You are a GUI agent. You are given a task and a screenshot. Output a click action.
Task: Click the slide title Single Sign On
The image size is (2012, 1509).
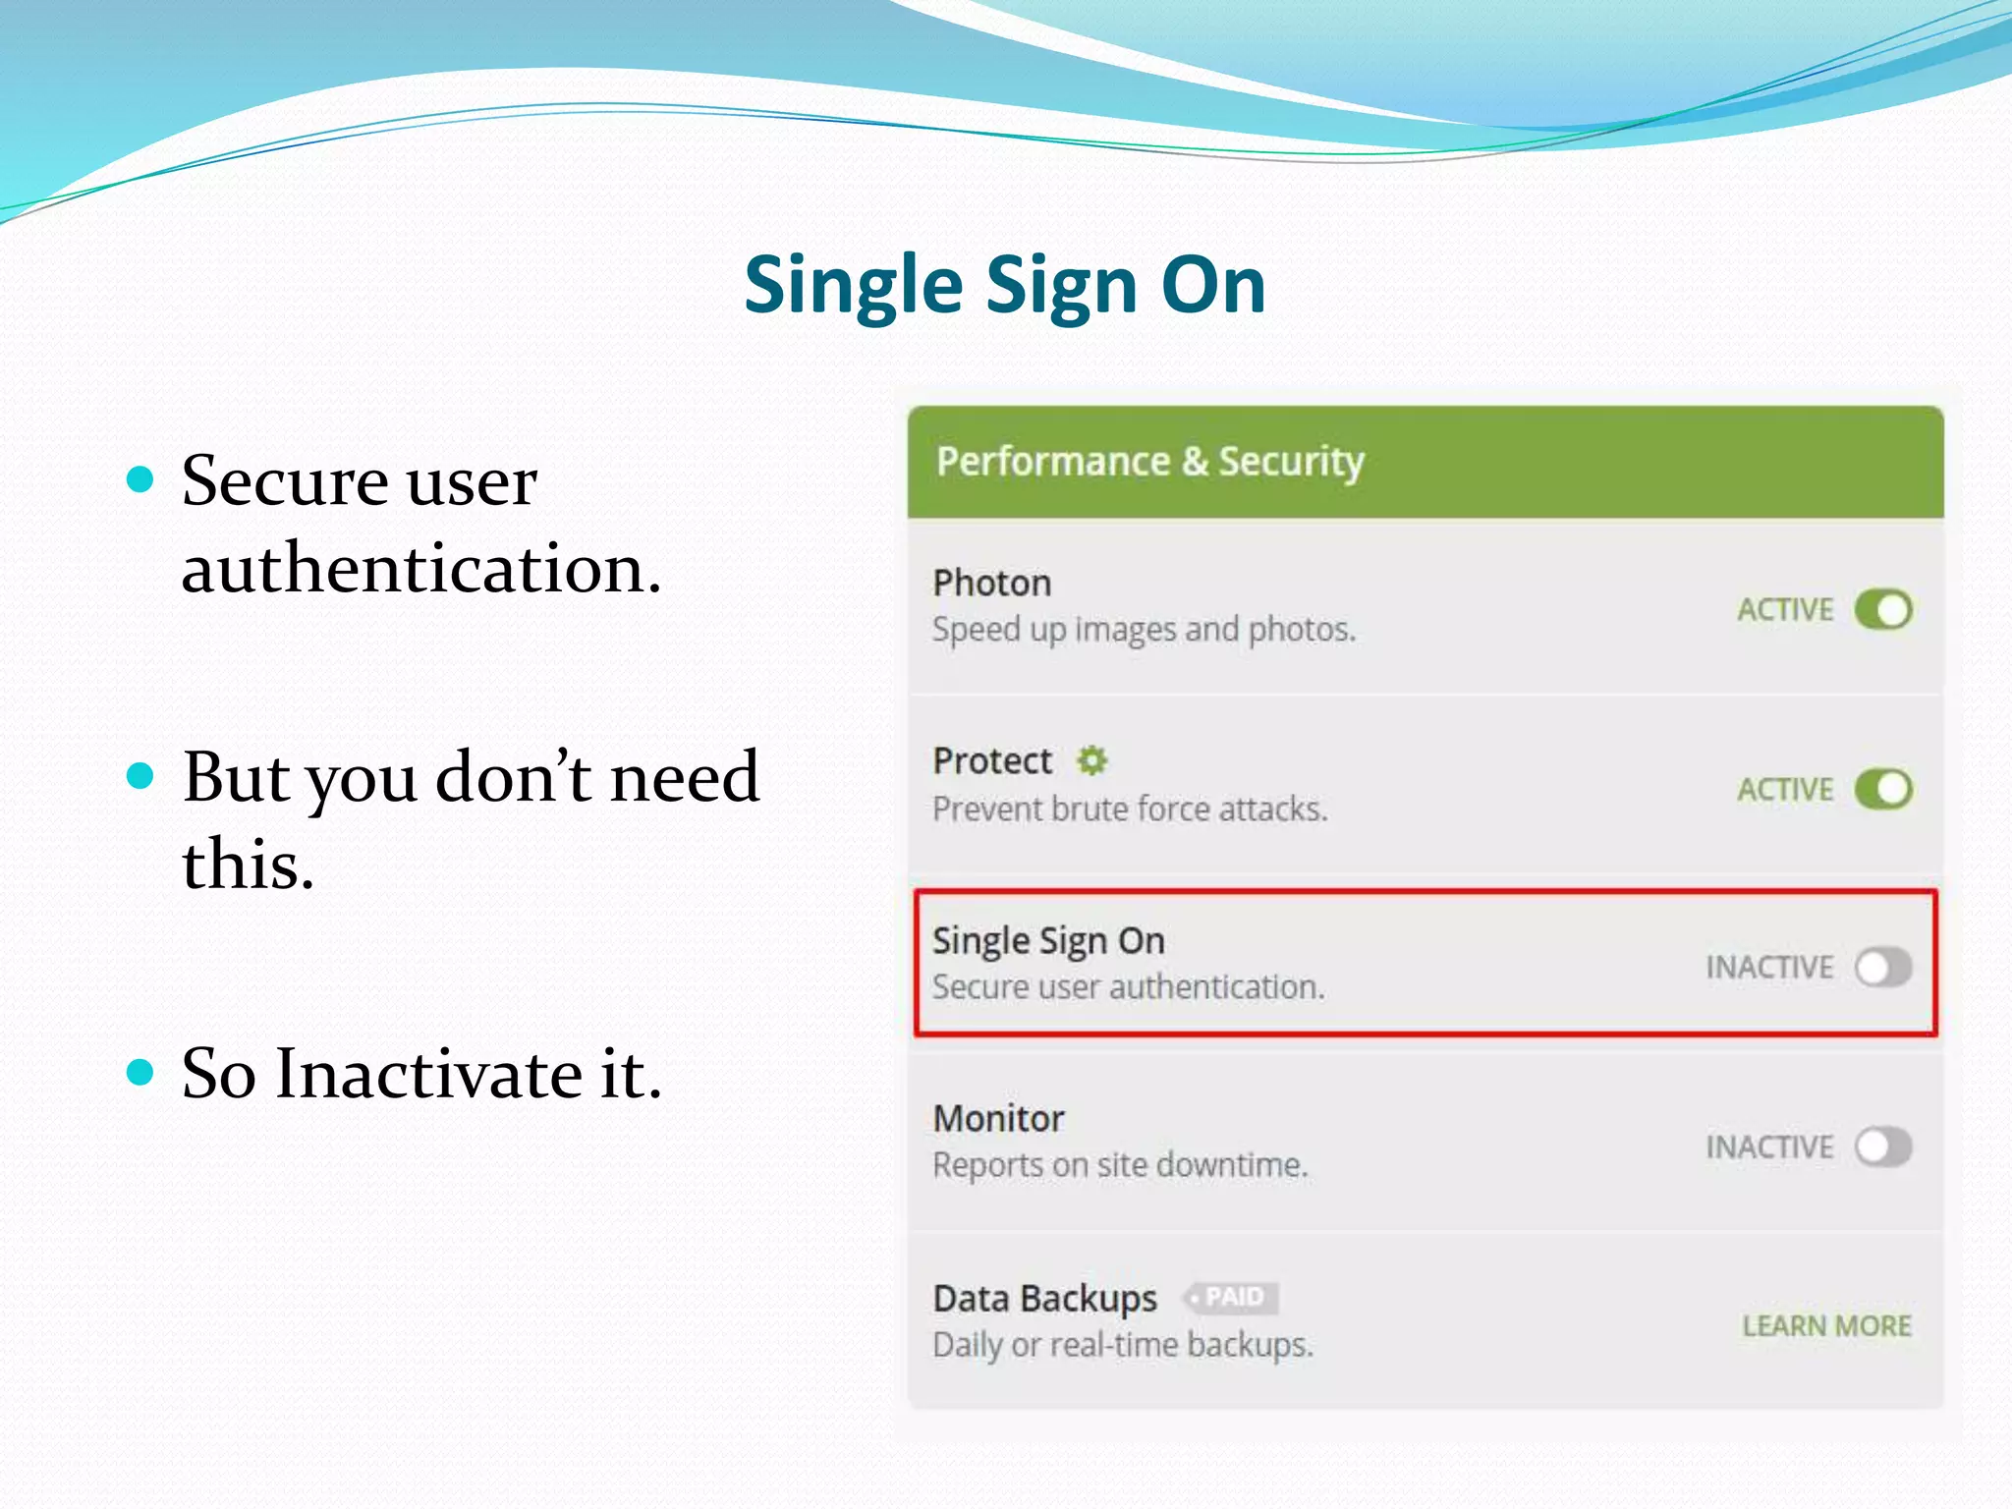tap(1004, 286)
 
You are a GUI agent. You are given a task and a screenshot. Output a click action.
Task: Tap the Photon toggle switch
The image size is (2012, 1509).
tap(1882, 610)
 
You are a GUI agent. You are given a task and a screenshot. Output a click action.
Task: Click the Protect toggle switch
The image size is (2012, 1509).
tap(1882, 789)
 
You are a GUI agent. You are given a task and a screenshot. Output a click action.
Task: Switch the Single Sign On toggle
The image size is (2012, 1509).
tap(1882, 968)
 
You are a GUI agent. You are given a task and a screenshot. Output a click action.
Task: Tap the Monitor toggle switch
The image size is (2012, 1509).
tap(1882, 1146)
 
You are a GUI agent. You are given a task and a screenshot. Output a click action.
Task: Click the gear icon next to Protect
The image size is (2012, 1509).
tap(1091, 760)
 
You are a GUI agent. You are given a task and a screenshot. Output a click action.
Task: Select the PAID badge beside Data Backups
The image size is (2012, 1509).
tap(1232, 1298)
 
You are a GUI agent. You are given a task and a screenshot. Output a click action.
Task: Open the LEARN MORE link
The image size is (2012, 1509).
tap(1826, 1326)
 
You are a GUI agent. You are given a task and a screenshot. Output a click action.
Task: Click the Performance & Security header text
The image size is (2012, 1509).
tap(1149, 462)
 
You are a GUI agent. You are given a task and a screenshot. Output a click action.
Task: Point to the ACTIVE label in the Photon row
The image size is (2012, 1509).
tap(1785, 610)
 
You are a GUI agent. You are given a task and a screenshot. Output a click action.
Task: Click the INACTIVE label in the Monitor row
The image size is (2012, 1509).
tap(1769, 1147)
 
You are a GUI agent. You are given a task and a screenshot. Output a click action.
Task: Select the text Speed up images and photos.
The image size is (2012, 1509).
tap(1144, 629)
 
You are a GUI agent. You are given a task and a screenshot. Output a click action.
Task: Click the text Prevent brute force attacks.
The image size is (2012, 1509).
tap(1130, 810)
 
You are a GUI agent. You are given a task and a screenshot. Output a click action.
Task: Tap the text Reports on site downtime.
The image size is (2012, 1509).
tap(1120, 1165)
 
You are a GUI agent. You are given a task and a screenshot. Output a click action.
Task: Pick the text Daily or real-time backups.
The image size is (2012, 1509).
tap(1123, 1345)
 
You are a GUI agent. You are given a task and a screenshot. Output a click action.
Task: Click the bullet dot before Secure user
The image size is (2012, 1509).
tap(141, 480)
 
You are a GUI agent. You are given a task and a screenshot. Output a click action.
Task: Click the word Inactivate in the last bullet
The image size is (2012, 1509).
tap(428, 1074)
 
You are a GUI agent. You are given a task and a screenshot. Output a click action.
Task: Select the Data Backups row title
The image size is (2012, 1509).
tap(1044, 1299)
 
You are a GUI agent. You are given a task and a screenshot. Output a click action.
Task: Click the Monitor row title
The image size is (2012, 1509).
tap(998, 1119)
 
